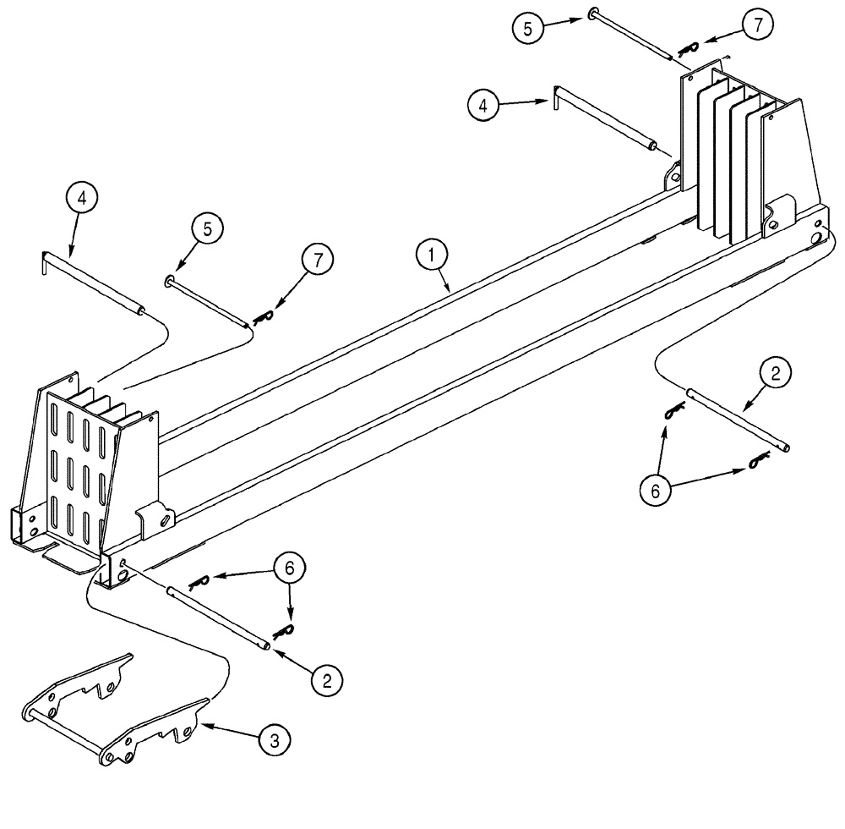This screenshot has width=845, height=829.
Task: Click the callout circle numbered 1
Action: tap(431, 254)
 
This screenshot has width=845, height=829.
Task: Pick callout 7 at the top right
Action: tap(757, 26)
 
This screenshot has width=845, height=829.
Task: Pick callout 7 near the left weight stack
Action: tap(318, 261)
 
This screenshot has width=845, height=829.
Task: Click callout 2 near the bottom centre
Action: tap(327, 678)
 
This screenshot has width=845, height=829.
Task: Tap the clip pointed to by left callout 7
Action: tap(264, 316)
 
